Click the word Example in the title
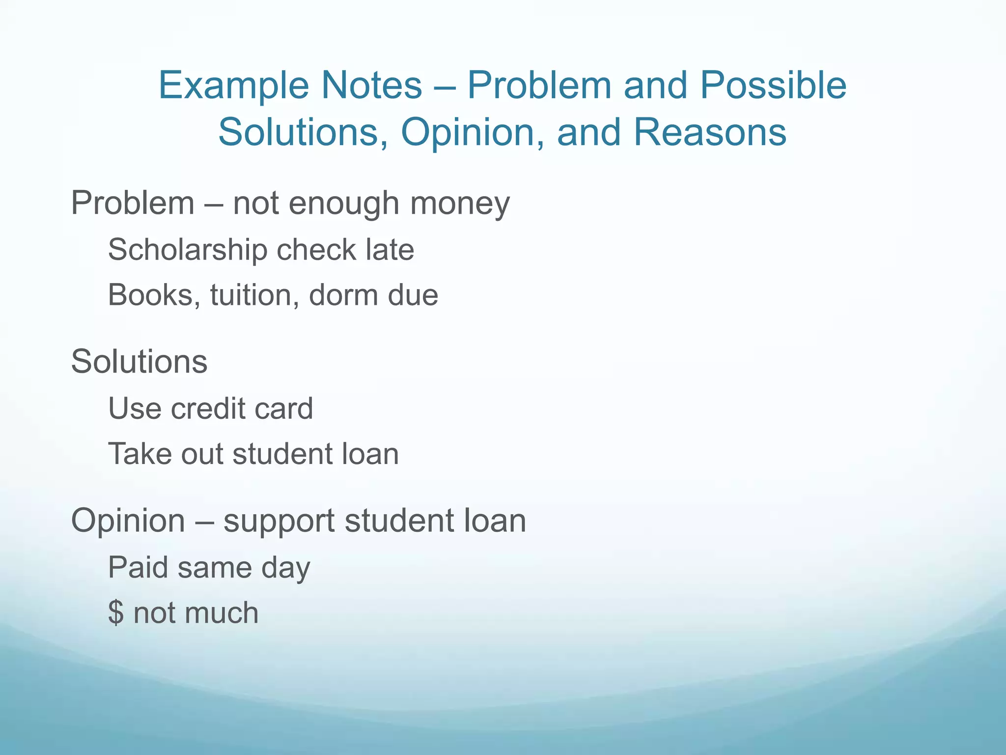click(x=233, y=86)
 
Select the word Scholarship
click(x=187, y=250)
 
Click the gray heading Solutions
click(x=139, y=362)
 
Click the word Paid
click(x=137, y=567)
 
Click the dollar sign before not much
click(x=116, y=613)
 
